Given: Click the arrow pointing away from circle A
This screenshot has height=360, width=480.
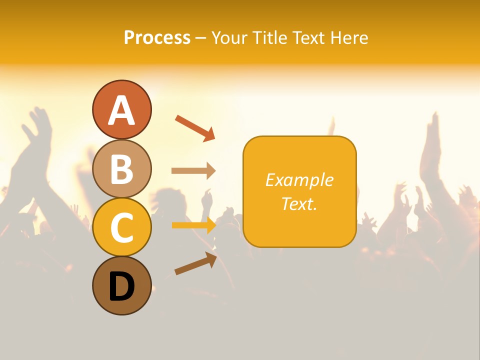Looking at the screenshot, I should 195,127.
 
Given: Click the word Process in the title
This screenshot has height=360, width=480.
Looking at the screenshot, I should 157,37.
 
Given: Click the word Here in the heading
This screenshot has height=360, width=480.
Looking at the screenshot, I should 349,37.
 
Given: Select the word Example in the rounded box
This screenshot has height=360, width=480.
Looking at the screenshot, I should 299,180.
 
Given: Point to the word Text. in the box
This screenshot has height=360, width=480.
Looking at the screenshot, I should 299,203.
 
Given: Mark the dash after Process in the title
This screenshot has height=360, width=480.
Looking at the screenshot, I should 201,38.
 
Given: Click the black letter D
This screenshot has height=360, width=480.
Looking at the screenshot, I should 121,287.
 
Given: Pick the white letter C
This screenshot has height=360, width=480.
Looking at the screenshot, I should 121,227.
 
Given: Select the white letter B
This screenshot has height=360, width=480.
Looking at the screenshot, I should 121,169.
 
